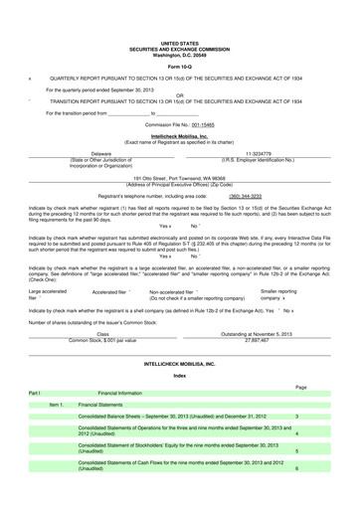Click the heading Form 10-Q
[x=180, y=66]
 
